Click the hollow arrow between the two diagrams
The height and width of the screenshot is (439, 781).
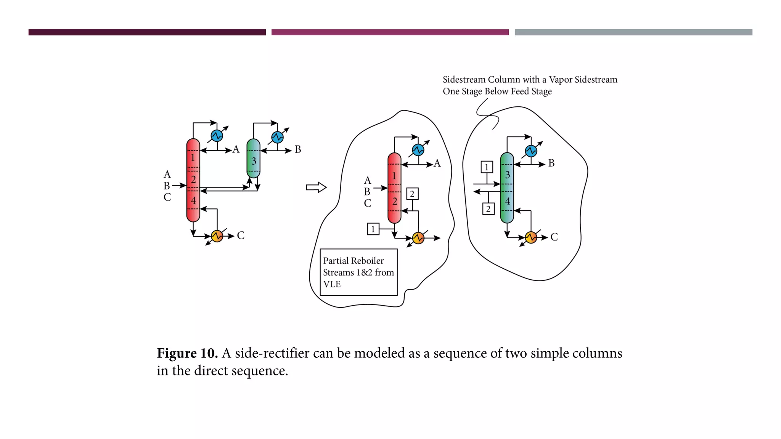[x=316, y=187]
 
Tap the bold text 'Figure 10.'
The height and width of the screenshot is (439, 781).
[x=187, y=353]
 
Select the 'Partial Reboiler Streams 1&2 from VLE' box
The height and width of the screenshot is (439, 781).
[x=358, y=272]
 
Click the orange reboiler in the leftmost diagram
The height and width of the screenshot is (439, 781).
[x=217, y=236]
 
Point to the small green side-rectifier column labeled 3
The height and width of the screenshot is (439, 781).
[x=253, y=159]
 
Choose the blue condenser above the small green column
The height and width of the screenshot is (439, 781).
[x=277, y=137]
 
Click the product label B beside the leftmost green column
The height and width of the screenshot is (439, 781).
[x=298, y=150]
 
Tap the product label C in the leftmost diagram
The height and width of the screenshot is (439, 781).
[x=241, y=236]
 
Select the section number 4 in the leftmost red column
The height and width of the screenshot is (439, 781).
[x=193, y=201]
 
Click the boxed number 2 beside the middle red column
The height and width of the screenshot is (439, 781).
[x=412, y=194]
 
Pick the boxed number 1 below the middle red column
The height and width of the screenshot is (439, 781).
[x=373, y=229]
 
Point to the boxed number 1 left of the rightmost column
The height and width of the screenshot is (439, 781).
[x=487, y=167]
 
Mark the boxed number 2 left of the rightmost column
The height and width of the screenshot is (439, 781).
[x=488, y=209]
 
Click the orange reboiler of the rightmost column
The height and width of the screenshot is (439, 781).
[x=531, y=237]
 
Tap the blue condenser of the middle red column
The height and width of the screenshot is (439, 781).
[x=418, y=150]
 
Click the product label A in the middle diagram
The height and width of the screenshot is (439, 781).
[x=437, y=163]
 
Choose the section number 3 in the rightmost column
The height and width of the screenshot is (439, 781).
[x=508, y=175]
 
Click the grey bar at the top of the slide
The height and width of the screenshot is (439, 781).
[x=633, y=32]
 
